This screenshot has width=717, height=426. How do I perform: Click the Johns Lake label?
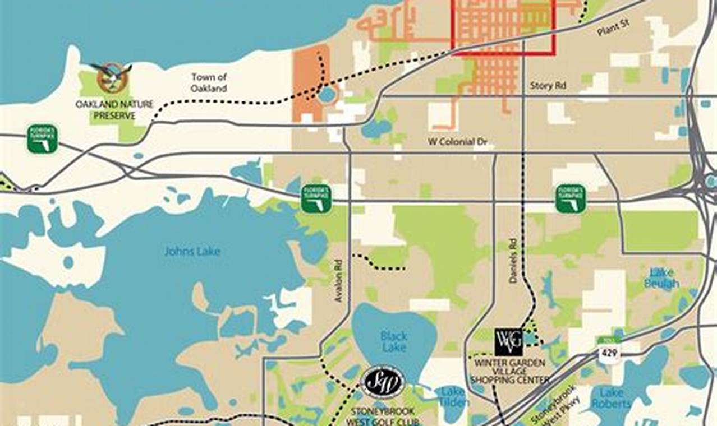pos(192,251)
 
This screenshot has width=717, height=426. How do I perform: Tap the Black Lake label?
pos(393,341)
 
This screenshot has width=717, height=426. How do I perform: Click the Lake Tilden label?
pos(453,396)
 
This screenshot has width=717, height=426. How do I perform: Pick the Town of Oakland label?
pos(209,82)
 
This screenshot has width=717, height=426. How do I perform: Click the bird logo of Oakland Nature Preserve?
pos(112,77)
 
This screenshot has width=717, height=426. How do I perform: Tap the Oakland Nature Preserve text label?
pos(114,110)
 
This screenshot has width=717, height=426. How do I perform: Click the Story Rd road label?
pos(548,86)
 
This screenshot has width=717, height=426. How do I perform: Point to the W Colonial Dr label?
pos(457,142)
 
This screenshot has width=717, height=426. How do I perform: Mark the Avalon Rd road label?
pos(338,281)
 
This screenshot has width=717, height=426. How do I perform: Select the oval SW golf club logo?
pos(383,382)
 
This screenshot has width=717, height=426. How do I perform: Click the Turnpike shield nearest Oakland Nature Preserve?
pos(43,138)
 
